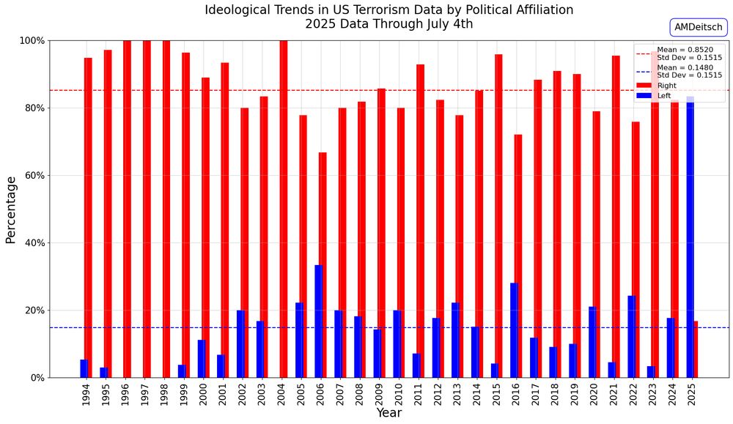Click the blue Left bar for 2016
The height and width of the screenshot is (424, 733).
[514, 330]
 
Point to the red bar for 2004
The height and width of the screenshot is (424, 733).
[284, 209]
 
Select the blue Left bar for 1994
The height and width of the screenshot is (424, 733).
[84, 368]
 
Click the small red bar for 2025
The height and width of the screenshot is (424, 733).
[696, 349]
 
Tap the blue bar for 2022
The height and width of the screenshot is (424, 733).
[631, 336]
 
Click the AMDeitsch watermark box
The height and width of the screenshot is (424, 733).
[698, 27]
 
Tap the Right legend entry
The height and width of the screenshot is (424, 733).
[666, 86]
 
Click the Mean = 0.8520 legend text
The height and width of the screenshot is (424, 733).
[685, 50]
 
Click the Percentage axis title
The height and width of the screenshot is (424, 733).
[11, 209]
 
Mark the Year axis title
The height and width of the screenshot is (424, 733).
[388, 414]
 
